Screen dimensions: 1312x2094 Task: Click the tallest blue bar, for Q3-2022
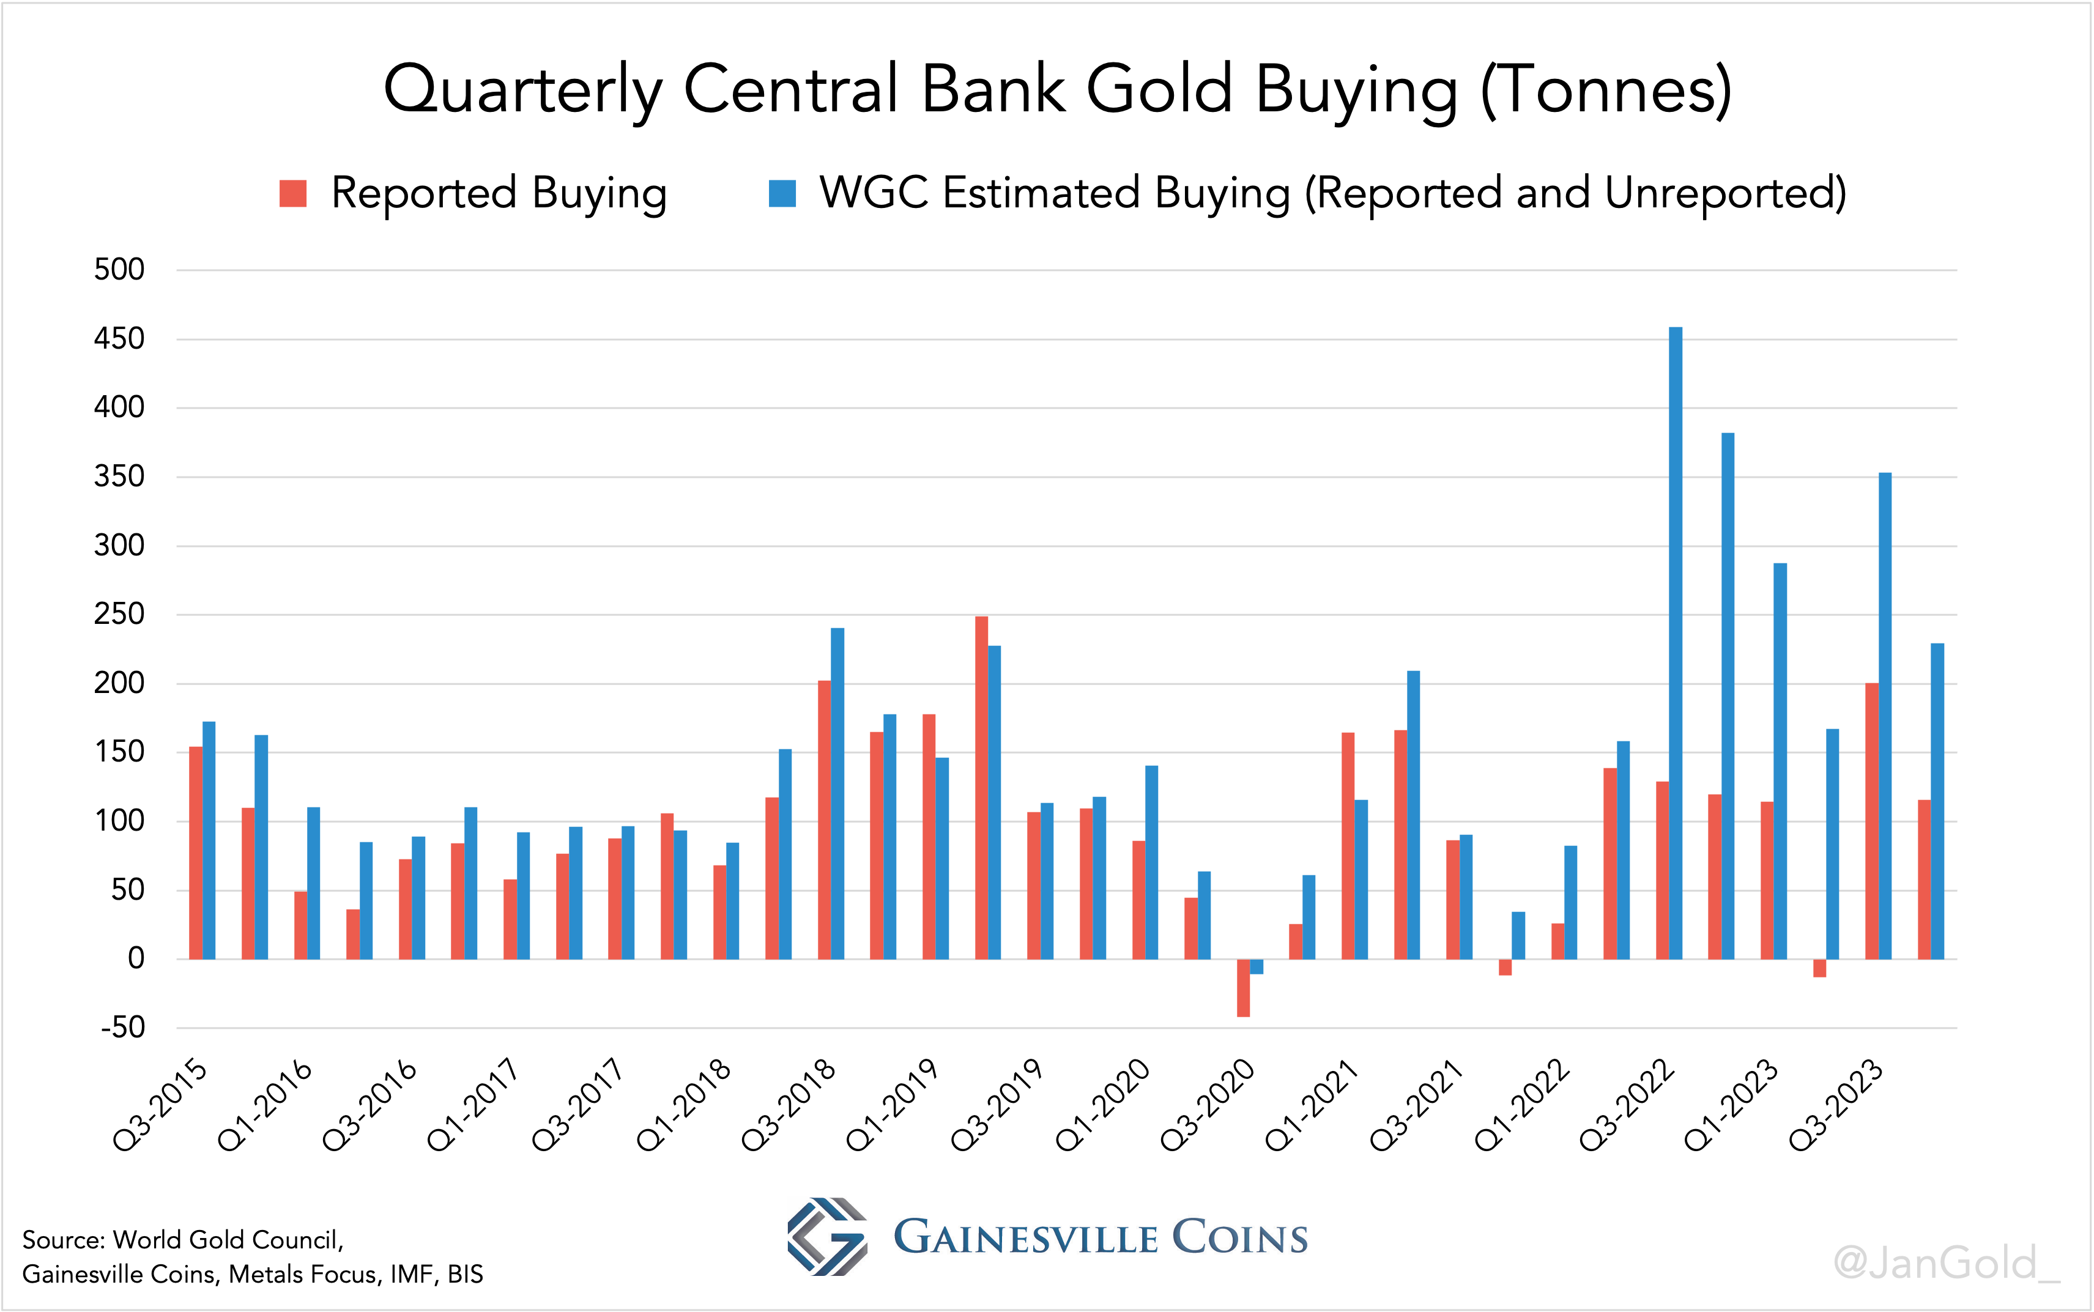click(1675, 642)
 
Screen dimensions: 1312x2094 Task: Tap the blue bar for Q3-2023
click(1884, 716)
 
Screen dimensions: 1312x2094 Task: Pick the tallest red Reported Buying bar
click(981, 787)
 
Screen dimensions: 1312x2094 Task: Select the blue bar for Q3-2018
click(837, 793)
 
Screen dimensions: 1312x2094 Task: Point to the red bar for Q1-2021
click(1348, 846)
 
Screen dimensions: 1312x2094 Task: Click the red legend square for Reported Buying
click(293, 193)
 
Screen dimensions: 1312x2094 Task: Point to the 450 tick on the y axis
click(120, 338)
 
